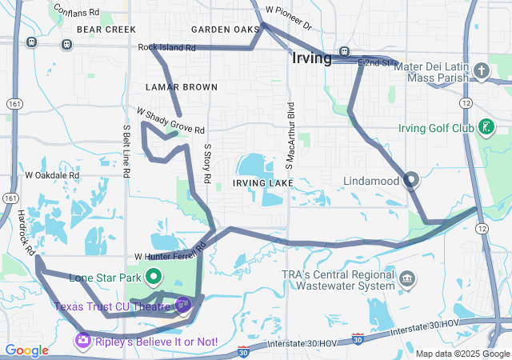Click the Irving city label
[x=311, y=58]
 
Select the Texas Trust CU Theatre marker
[x=183, y=304]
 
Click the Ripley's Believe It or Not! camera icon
[x=82, y=342]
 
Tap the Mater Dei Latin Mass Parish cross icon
[x=481, y=71]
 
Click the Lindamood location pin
[x=411, y=180]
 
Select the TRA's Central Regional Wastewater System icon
[x=408, y=279]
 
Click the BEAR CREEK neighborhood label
[x=106, y=29]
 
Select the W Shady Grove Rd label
[x=170, y=121]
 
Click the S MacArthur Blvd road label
[x=291, y=135]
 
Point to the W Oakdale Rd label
[x=52, y=174]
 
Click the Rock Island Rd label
[x=166, y=48]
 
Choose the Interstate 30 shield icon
[x=358, y=340]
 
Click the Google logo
[x=26, y=350]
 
